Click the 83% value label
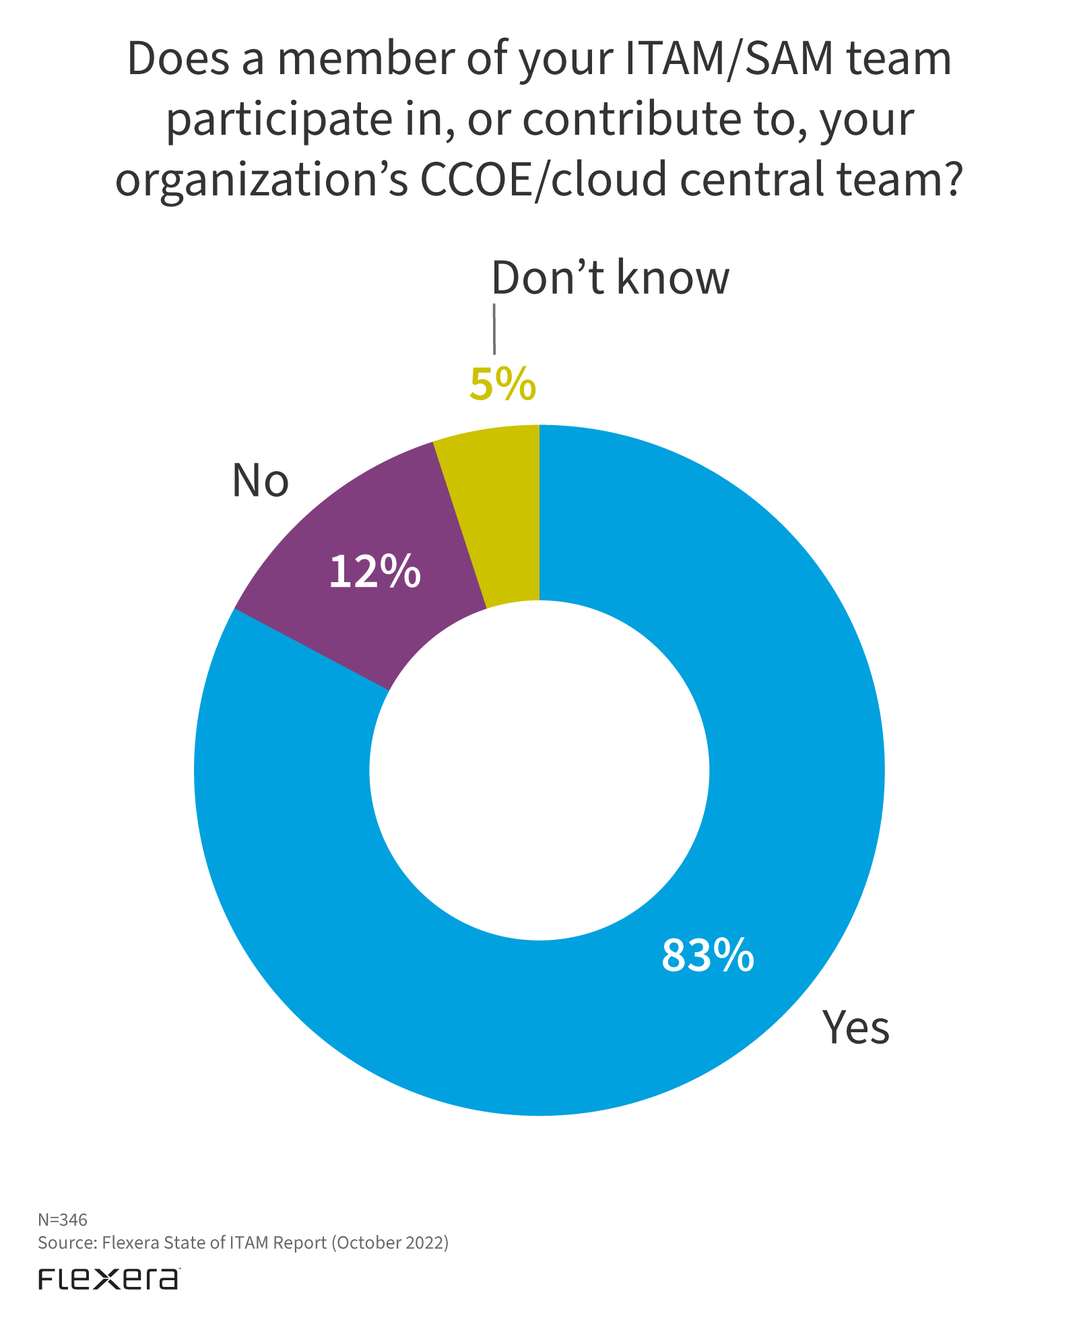(707, 955)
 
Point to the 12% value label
(374, 572)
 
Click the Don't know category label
(610, 278)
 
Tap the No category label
(260, 481)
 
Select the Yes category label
(855, 1028)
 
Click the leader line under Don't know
(494, 329)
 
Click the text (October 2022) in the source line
(389, 1242)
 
